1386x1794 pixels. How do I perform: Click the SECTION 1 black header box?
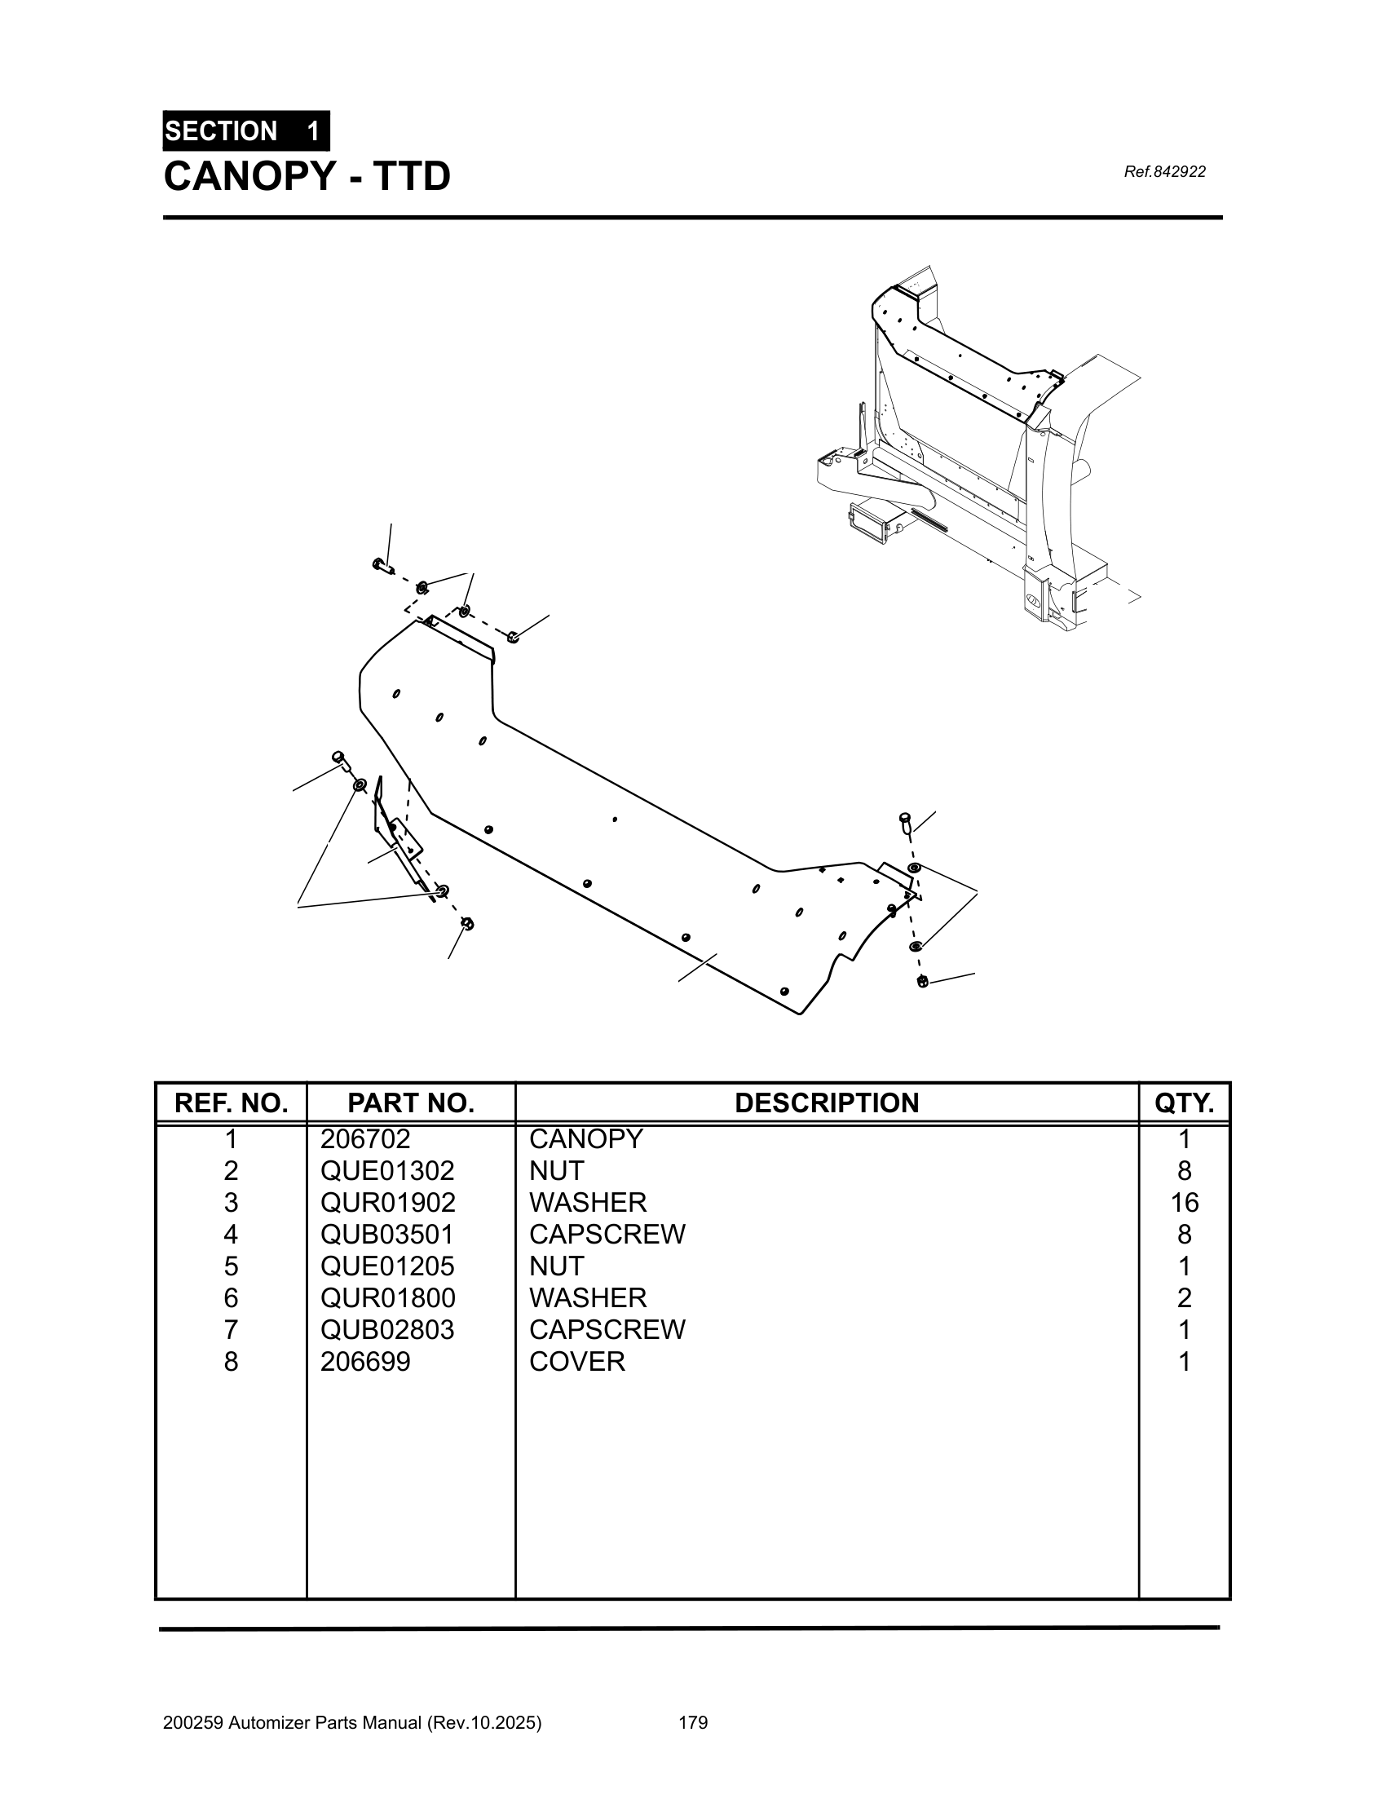(x=245, y=131)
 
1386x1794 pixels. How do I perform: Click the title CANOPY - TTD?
(x=307, y=177)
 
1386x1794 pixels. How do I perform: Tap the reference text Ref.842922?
(x=1163, y=172)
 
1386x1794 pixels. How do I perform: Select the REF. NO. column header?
(x=231, y=1103)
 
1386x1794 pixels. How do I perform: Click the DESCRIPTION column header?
(x=826, y=1103)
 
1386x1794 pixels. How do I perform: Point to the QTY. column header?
(x=1183, y=1103)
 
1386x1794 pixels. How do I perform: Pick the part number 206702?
(x=365, y=1139)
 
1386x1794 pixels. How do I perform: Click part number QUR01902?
(x=387, y=1203)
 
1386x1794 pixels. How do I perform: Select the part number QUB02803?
(x=387, y=1330)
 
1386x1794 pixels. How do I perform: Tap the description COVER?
(x=577, y=1362)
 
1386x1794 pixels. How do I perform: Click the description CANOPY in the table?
(x=586, y=1139)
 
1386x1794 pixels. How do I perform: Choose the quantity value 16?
(x=1184, y=1203)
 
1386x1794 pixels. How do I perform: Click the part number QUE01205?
(x=387, y=1266)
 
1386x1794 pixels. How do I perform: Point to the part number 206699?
(x=365, y=1362)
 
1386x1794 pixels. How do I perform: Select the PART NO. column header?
(x=411, y=1103)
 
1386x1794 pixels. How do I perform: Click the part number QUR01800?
(x=387, y=1298)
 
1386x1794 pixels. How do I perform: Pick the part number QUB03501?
(x=387, y=1235)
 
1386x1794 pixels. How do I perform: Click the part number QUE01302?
(x=387, y=1170)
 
